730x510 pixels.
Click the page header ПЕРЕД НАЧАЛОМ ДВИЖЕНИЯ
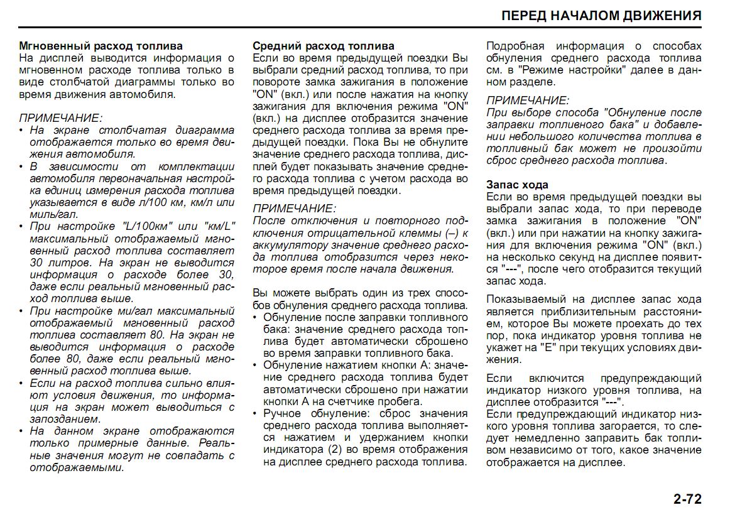coord(601,16)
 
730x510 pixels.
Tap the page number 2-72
coord(687,499)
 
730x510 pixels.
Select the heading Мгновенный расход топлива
coord(101,46)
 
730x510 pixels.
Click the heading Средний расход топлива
coord(324,46)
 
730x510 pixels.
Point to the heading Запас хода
coord(518,185)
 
